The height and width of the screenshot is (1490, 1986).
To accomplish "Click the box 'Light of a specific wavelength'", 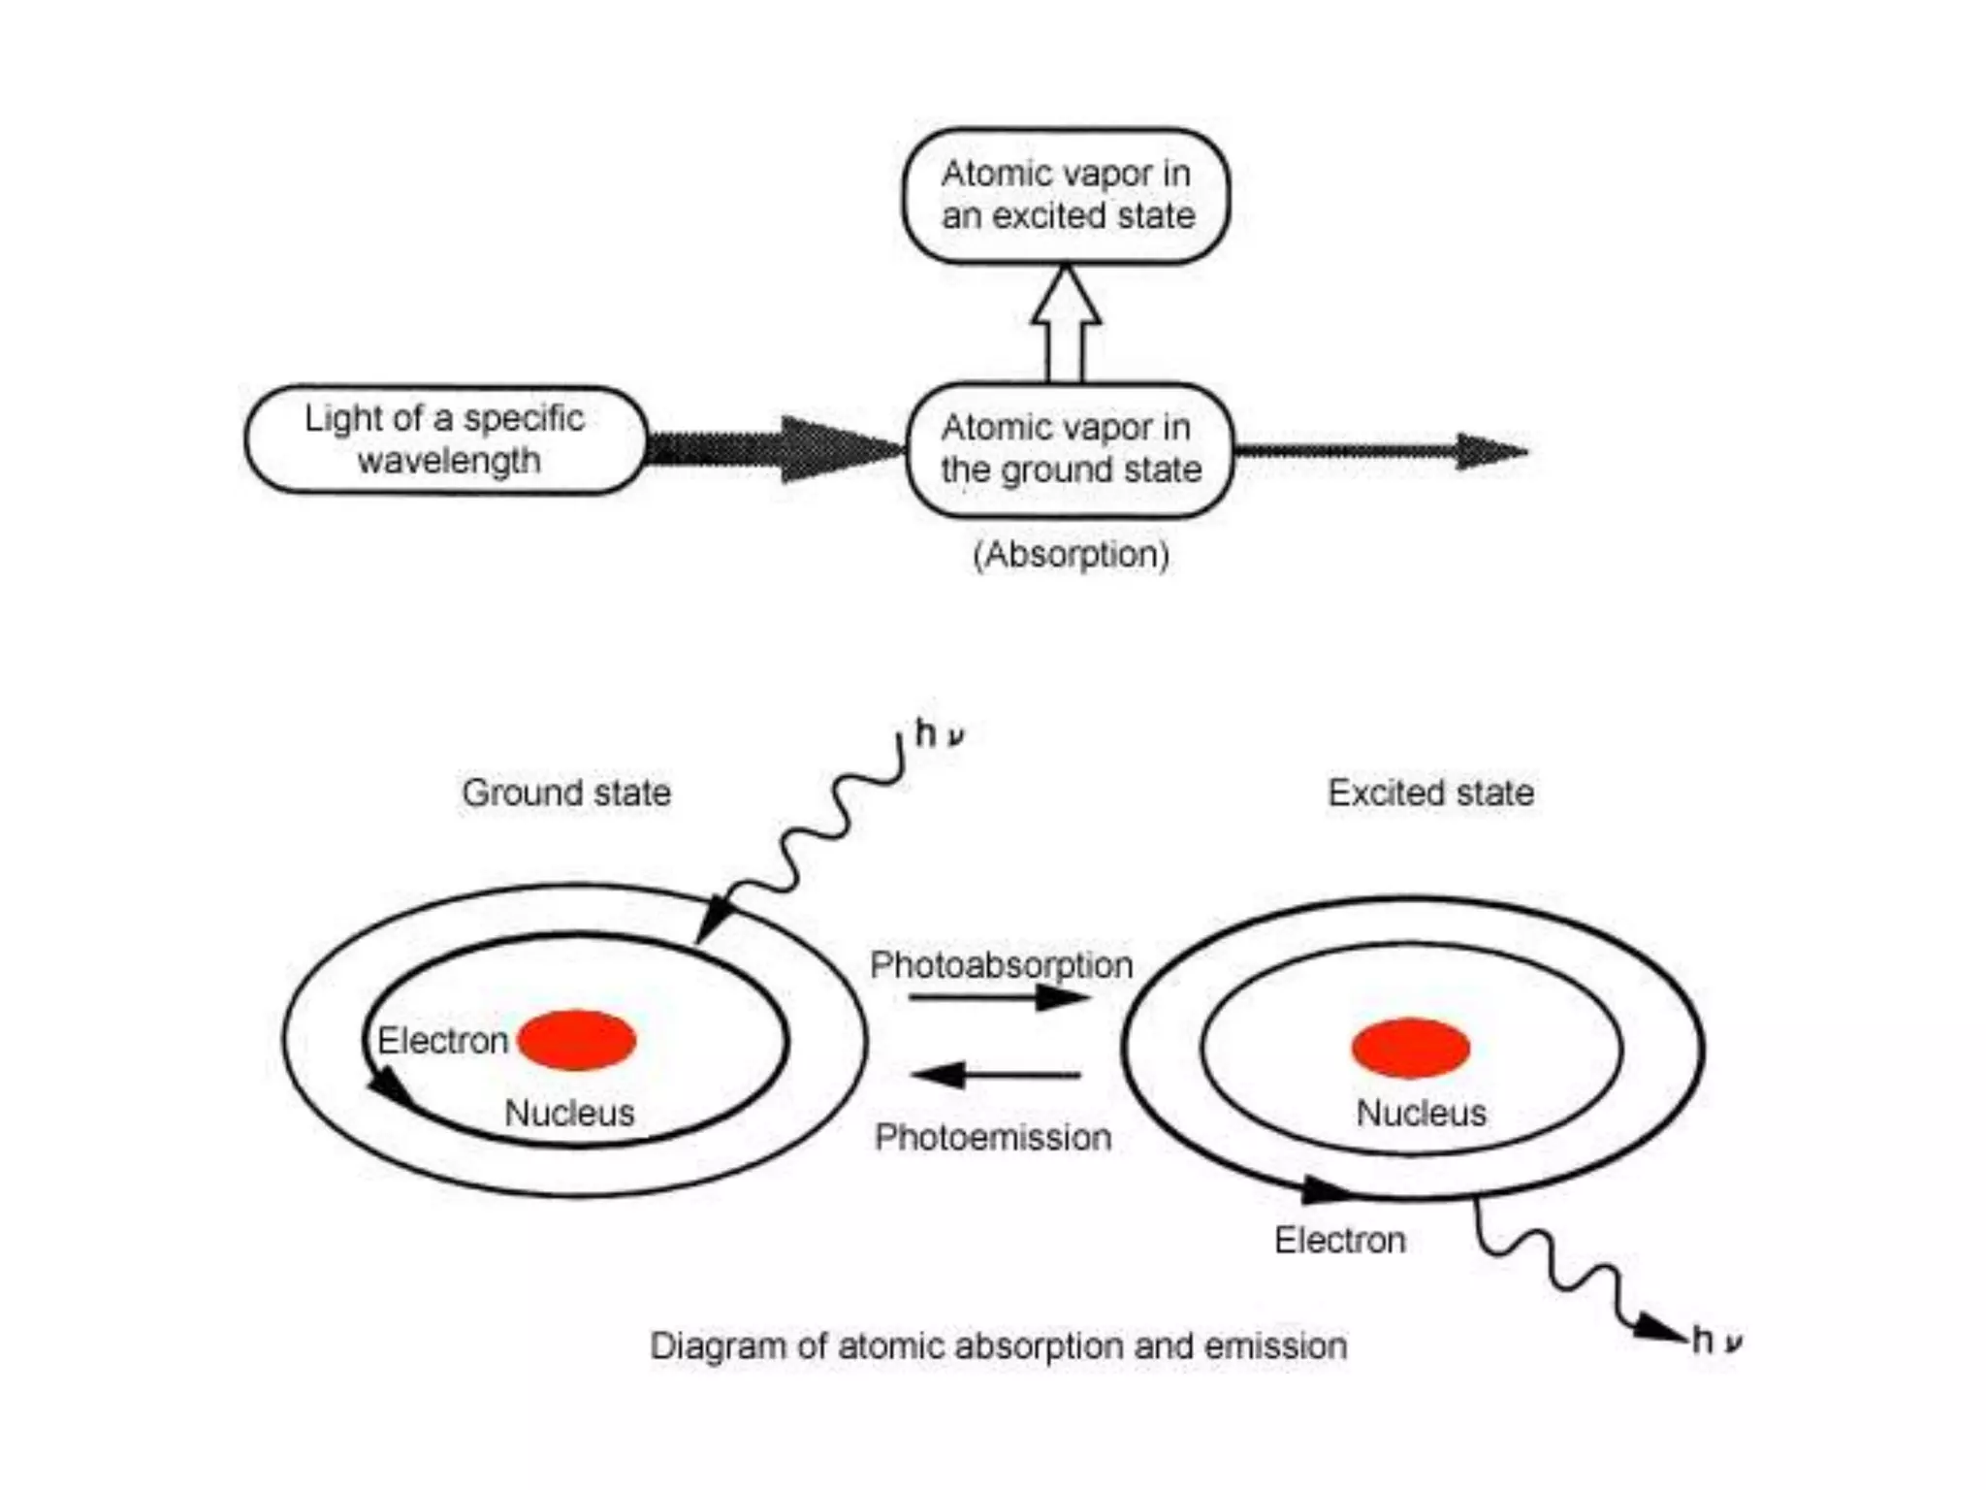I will [x=445, y=439].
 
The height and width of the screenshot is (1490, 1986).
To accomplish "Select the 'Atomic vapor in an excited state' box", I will [x=1066, y=195].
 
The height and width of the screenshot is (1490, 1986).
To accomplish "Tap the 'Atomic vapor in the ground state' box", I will [x=1070, y=449].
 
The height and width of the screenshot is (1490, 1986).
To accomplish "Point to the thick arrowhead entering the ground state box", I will [x=839, y=449].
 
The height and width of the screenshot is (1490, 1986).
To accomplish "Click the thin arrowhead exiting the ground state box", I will [x=1490, y=451].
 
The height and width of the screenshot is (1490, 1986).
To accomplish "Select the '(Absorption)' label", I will [x=1071, y=555].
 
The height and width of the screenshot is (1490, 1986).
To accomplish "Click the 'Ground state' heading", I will [x=566, y=793].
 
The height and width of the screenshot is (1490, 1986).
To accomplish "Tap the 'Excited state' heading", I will [x=1430, y=793].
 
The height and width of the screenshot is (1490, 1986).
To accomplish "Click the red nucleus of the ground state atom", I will [x=577, y=1040].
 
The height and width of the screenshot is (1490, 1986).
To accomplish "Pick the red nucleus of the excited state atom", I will [x=1411, y=1048].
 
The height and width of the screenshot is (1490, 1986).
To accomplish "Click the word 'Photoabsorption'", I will [x=1001, y=964].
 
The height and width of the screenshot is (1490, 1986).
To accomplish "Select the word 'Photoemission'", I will [x=993, y=1137].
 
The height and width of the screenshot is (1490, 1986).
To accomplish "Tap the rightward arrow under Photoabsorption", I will [x=999, y=997].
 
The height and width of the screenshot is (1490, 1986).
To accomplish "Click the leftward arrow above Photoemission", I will [x=995, y=1075].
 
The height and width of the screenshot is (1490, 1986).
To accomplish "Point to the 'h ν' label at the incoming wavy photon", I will [x=939, y=734].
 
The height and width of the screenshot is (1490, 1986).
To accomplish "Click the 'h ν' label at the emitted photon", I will [x=1716, y=1341].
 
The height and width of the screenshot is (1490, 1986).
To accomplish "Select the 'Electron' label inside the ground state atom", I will [x=442, y=1041].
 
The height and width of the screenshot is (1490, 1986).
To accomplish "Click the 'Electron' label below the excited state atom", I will [x=1339, y=1240].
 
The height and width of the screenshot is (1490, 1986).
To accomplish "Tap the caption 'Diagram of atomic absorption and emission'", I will [x=998, y=1346].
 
